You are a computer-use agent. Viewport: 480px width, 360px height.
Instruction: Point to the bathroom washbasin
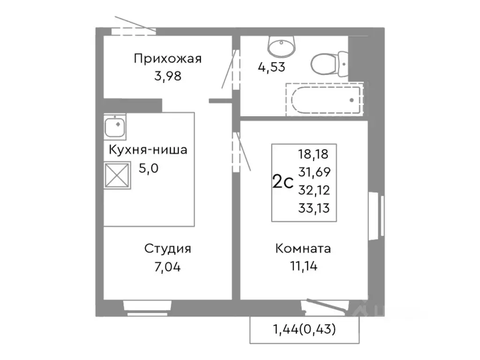click(x=281, y=46)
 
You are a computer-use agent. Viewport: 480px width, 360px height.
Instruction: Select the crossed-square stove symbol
click(x=117, y=176)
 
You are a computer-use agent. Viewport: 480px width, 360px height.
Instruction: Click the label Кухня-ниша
click(x=148, y=150)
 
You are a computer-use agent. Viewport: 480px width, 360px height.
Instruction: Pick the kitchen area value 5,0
click(x=149, y=168)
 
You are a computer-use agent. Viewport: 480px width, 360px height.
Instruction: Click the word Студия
click(x=167, y=249)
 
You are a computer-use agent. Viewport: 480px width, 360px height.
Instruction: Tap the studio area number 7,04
click(x=167, y=267)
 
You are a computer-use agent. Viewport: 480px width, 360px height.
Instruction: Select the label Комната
click(x=303, y=249)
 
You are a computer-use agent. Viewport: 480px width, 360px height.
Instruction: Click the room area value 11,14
click(x=303, y=267)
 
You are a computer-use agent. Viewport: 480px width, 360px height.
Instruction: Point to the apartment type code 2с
click(x=283, y=181)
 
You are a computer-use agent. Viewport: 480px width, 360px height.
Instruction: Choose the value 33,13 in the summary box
click(x=314, y=208)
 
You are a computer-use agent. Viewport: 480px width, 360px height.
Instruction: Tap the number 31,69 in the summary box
click(x=314, y=172)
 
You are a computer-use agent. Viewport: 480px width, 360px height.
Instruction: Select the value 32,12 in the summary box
click(x=314, y=190)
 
